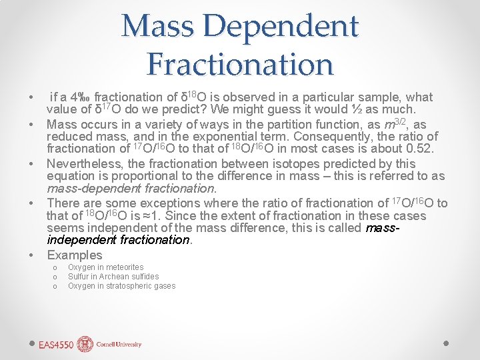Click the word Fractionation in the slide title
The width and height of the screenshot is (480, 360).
coord(240,65)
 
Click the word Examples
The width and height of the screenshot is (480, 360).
coord(75,255)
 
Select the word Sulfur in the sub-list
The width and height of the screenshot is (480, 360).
coord(78,277)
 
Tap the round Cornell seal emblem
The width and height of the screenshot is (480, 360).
coord(85,344)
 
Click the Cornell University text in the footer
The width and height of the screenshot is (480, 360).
coord(119,345)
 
